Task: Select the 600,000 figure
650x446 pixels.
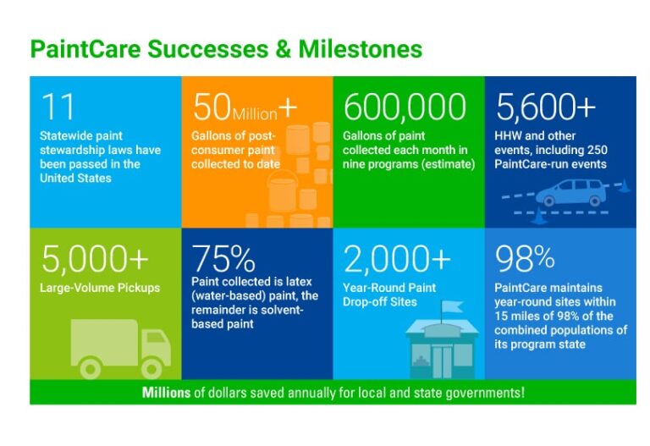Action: click(405, 107)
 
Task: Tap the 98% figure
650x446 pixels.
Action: click(525, 257)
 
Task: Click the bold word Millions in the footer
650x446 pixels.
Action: click(168, 392)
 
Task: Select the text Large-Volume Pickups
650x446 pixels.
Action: click(100, 288)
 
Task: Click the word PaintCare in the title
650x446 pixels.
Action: click(83, 49)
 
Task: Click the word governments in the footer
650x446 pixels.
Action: click(482, 393)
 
